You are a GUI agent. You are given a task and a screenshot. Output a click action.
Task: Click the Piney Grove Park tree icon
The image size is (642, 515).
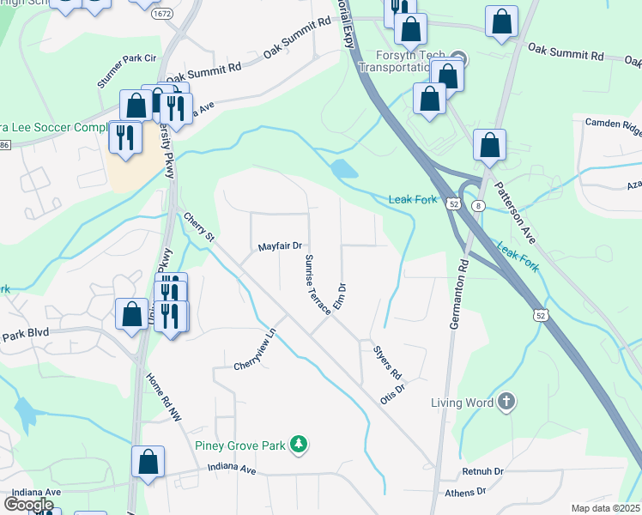[298, 444]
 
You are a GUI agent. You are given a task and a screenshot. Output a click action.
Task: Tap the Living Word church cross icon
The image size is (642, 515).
[506, 402]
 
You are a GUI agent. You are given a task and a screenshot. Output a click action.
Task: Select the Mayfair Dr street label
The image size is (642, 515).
[281, 246]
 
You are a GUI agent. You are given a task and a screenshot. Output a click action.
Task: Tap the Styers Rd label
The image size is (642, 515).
[387, 362]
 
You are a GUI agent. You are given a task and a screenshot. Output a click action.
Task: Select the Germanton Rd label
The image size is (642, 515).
[457, 292]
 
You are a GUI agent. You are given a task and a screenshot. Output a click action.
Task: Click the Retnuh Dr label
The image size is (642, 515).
[482, 471]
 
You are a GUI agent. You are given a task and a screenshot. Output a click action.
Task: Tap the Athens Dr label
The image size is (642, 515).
[465, 493]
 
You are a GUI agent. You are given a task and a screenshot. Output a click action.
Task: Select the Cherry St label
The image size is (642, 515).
[197, 227]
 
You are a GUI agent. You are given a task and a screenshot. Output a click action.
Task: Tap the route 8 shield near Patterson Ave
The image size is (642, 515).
[478, 204]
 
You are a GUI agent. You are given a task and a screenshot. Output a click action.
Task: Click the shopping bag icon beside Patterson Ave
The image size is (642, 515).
[489, 147]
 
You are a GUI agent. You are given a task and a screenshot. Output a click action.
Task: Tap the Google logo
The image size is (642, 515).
[28, 505]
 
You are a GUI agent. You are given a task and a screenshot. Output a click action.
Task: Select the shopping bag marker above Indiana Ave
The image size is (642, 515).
[148, 461]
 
